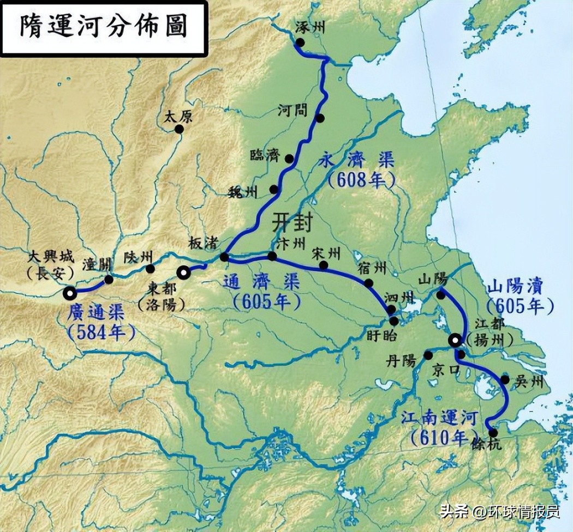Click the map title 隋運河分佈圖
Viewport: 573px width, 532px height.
tap(103, 27)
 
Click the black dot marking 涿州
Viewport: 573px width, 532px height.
tap(300, 43)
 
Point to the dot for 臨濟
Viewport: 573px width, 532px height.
tap(290, 159)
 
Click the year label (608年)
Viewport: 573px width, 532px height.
tap(361, 181)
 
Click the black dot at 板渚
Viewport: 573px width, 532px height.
tap(224, 257)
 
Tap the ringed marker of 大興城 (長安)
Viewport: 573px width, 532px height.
tap(70, 293)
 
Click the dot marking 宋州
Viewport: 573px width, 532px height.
tap(324, 265)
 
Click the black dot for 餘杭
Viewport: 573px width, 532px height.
tap(493, 433)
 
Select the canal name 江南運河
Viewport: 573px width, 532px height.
tap(439, 419)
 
